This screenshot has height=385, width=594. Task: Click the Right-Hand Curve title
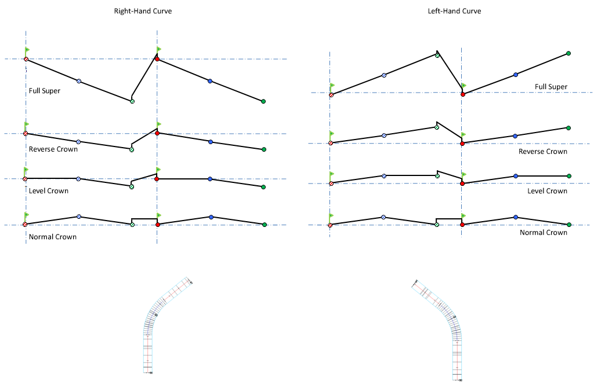143,11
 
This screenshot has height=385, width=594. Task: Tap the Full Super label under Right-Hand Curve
44,91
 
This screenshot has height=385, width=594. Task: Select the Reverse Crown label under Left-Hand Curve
542,152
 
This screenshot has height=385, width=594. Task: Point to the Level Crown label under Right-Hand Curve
48,191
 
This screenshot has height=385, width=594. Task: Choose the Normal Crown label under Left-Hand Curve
543,233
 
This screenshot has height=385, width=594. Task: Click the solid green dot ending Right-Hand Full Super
263,101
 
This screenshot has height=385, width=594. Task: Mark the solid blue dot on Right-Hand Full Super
210,81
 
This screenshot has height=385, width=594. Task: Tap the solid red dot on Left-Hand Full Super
462,94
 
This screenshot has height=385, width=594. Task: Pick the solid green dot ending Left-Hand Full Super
568,54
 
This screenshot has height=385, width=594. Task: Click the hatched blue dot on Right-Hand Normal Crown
79,217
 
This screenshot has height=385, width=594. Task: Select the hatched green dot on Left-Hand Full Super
437,56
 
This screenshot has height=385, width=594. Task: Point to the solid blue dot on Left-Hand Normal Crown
515,217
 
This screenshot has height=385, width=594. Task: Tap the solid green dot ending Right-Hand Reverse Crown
264,149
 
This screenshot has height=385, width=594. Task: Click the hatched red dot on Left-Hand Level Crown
331,184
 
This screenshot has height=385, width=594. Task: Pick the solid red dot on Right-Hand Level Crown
157,179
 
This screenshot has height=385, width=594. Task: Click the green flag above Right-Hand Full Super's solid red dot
158,50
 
